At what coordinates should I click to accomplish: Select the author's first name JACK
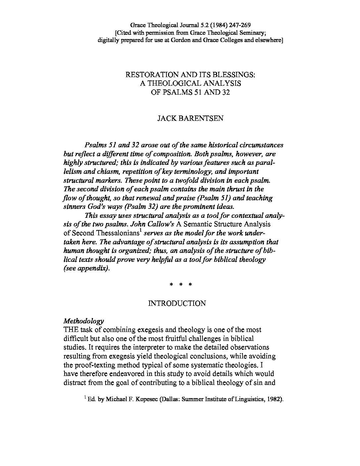click(x=166, y=118)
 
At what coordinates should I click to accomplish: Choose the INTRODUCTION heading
click(x=177, y=303)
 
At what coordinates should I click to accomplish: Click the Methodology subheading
click(x=84, y=321)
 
